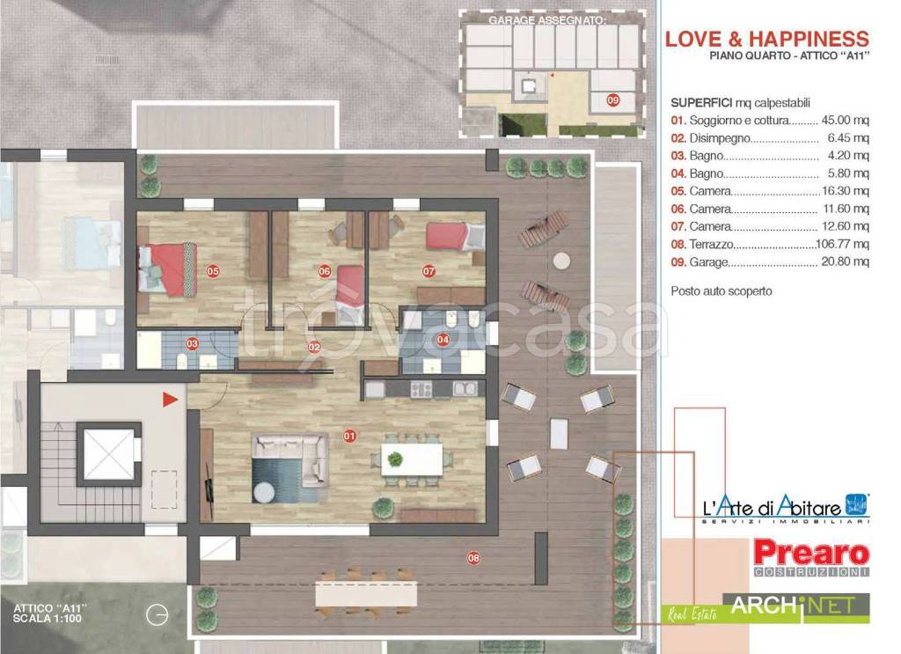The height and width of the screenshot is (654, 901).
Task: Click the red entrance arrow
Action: click(x=170, y=400)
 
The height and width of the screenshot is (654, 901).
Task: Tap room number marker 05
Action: click(x=213, y=271)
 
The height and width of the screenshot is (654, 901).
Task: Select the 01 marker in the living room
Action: click(x=349, y=437)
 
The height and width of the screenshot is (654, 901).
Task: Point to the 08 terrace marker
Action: click(x=473, y=557)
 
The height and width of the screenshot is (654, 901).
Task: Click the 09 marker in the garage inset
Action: click(x=613, y=100)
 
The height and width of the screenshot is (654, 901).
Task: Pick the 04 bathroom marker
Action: click(x=443, y=340)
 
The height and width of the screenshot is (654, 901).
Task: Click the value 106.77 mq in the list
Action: click(x=842, y=244)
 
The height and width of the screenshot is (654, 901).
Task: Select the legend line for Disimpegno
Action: click(x=770, y=138)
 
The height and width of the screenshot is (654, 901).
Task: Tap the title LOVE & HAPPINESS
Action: click(x=767, y=39)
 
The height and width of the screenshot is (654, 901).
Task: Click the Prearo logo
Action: click(x=811, y=557)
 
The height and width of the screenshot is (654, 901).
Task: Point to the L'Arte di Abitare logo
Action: click(x=786, y=508)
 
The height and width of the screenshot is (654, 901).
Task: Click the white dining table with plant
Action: click(x=412, y=459)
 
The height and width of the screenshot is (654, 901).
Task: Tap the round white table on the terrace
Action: click(x=561, y=261)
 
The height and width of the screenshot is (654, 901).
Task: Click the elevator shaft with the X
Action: click(x=108, y=452)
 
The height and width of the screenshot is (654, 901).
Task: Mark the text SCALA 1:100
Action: click(x=48, y=619)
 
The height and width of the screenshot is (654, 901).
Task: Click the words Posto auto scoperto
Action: click(x=722, y=290)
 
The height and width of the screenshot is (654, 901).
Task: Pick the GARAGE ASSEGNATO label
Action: click(x=547, y=20)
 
